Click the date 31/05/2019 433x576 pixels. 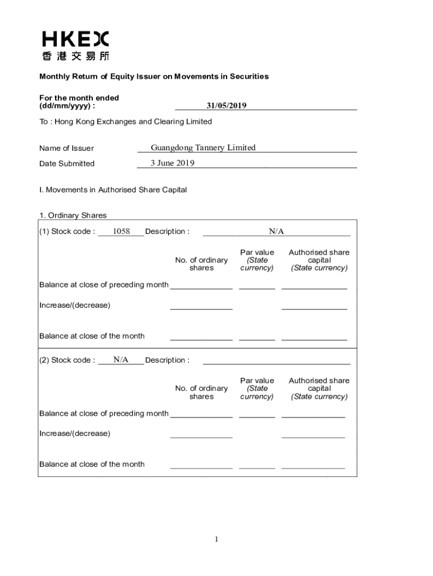(226, 105)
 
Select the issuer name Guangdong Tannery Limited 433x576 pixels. (203, 148)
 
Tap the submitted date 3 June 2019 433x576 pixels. (172, 163)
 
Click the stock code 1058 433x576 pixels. (121, 231)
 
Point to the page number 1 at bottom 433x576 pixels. (216, 539)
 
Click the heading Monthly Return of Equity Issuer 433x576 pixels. (154, 76)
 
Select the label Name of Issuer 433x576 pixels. (66, 148)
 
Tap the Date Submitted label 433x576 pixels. (67, 164)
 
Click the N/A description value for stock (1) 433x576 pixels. (276, 231)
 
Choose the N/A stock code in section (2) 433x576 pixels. (121, 359)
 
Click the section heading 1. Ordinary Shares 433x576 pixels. (73, 215)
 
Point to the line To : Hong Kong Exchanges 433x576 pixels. (125, 121)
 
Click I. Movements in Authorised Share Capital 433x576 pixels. (113, 190)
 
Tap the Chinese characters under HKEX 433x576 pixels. (75, 56)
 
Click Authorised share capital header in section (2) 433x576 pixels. (319, 388)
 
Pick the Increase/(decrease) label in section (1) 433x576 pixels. (75, 305)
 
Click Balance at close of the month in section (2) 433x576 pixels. (92, 464)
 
